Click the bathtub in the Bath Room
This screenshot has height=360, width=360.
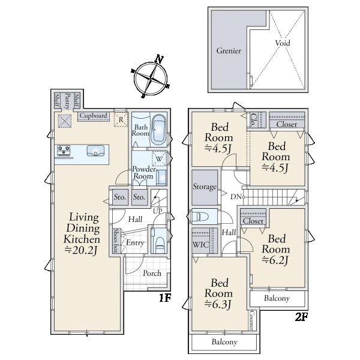tap(158, 130)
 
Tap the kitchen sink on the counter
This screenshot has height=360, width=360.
tap(95, 151)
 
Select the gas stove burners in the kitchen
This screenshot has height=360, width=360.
tap(64, 151)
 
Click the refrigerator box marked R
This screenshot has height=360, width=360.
tap(121, 119)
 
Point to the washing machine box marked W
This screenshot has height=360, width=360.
tap(159, 158)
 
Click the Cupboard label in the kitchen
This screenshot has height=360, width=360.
tap(93, 116)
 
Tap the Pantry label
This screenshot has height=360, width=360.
tap(67, 101)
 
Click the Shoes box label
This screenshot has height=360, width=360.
tap(116, 241)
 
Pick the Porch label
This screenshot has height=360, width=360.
tap(152, 273)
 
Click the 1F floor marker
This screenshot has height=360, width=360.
tap(165, 298)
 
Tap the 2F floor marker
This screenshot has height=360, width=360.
tap(301, 317)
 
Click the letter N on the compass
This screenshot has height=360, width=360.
tap(159, 59)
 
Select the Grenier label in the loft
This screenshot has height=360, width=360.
tap(229, 51)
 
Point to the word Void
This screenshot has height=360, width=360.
tap(283, 43)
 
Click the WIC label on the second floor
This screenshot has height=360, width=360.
tap(200, 245)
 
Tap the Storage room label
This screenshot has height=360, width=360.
tap(205, 187)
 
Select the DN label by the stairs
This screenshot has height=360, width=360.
tap(236, 197)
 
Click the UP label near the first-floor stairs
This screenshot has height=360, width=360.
tap(157, 211)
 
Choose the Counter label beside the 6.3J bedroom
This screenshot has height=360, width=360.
tap(251, 320)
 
